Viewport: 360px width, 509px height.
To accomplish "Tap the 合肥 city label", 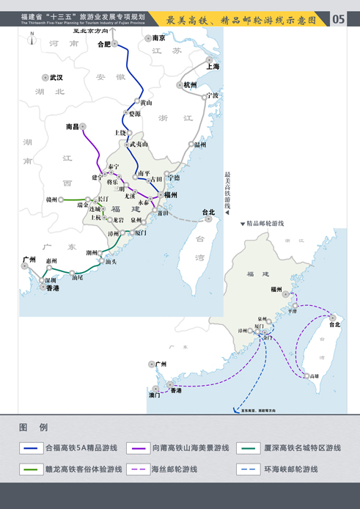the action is coord(103,44).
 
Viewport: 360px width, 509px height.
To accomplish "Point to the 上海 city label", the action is coord(213,66).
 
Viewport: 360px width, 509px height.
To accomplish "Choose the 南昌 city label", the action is coord(73,127).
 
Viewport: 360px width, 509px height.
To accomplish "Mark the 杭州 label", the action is coord(190,85).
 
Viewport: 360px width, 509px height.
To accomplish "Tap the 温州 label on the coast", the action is coord(200,145).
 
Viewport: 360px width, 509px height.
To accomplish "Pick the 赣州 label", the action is coord(51,199).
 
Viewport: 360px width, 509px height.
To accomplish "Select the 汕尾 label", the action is coord(77,277).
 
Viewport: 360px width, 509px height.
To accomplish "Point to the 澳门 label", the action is coord(155,395).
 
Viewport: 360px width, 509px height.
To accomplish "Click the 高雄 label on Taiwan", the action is coord(315,376).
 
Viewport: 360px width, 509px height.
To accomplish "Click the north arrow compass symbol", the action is coord(32,40).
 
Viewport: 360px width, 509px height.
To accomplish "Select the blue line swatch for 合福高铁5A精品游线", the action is coord(31,447).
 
